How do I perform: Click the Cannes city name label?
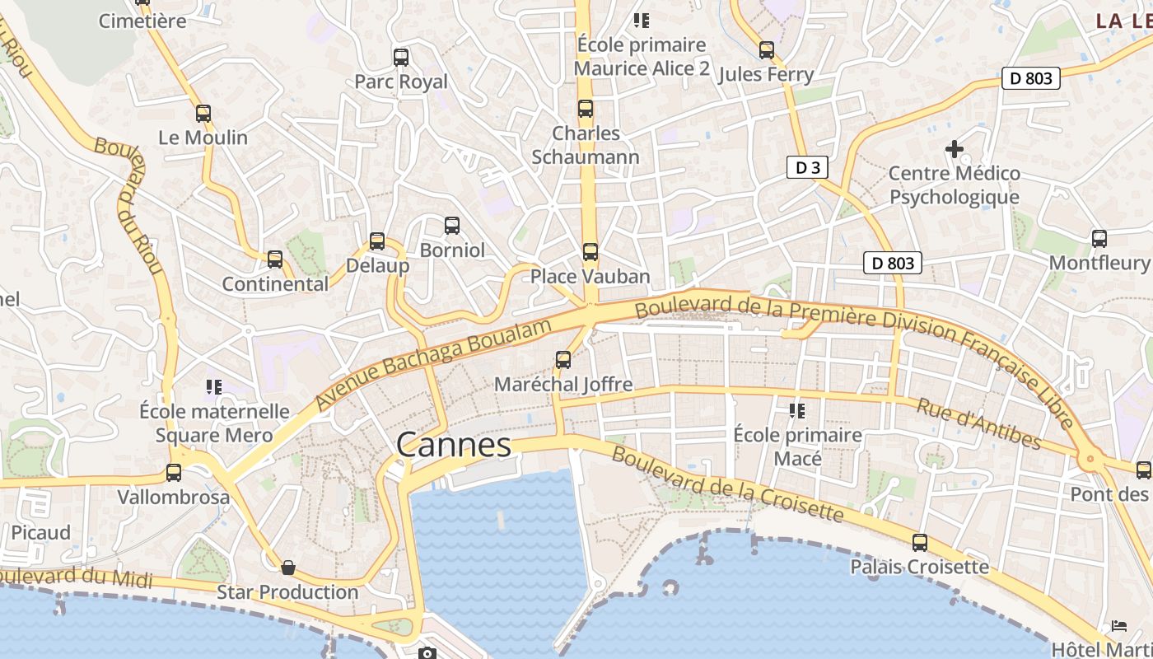tap(454, 445)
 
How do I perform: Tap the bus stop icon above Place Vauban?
tap(590, 252)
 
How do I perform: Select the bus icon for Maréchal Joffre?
tap(563, 360)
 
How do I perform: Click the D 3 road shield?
tap(807, 168)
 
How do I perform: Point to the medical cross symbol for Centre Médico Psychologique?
tap(955, 149)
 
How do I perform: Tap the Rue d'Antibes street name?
tap(978, 423)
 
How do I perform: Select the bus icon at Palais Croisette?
tap(920, 543)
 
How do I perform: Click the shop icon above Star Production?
tap(288, 568)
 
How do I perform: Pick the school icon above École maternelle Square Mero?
tap(214, 386)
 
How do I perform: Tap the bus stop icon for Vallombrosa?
tap(174, 473)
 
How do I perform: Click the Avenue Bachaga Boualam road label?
tap(433, 363)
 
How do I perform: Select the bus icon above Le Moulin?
tap(203, 114)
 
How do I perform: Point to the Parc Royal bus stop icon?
tap(401, 58)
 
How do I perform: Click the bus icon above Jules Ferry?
tap(767, 50)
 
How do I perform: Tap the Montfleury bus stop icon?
tap(1099, 239)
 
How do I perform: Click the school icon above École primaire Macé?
tap(796, 410)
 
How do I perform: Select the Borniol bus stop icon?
tap(452, 226)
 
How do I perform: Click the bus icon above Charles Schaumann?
tap(586, 109)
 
